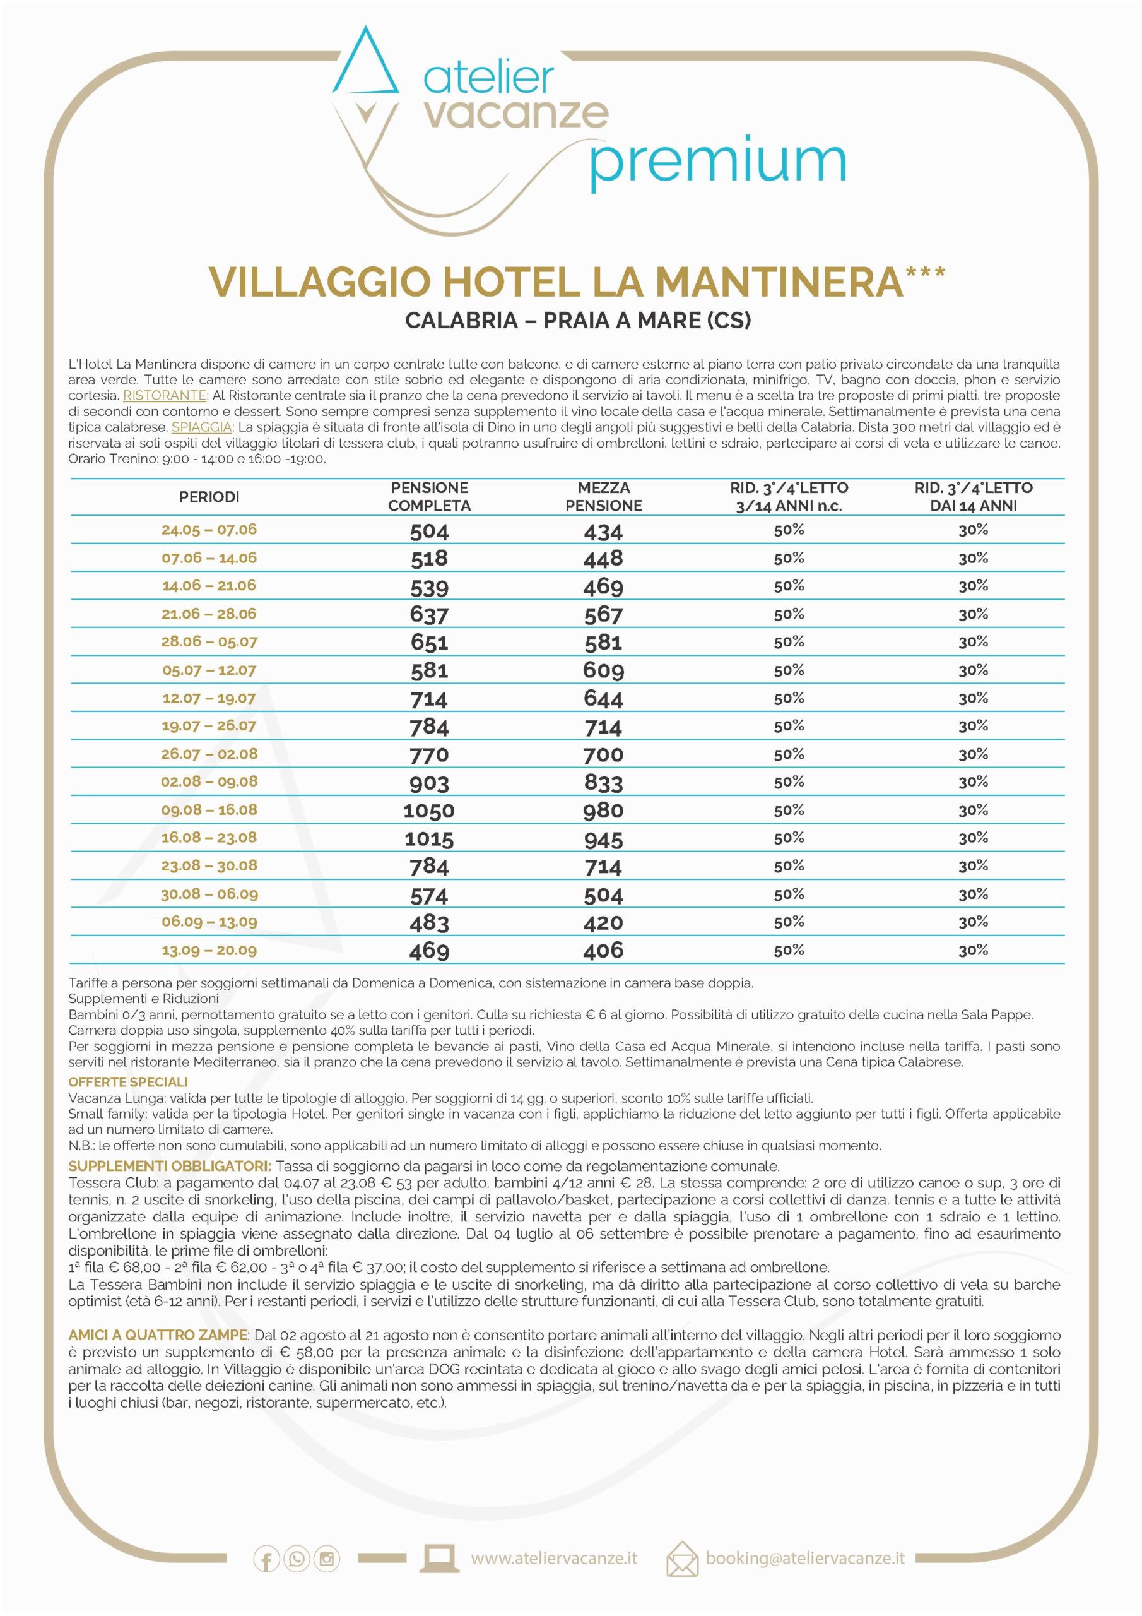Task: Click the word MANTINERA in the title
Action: click(779, 282)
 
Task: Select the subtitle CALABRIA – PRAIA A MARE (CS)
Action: click(578, 320)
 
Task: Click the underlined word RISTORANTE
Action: click(165, 396)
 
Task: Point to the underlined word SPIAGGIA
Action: click(202, 427)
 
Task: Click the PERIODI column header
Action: click(209, 497)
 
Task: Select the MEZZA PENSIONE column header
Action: click(603, 496)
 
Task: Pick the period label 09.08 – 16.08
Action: click(209, 809)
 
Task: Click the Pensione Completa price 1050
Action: click(428, 811)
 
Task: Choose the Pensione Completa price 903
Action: click(428, 783)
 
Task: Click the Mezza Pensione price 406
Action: click(603, 950)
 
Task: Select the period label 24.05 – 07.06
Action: click(209, 530)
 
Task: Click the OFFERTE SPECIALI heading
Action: click(128, 1082)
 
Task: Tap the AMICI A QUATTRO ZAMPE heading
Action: click(158, 1335)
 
